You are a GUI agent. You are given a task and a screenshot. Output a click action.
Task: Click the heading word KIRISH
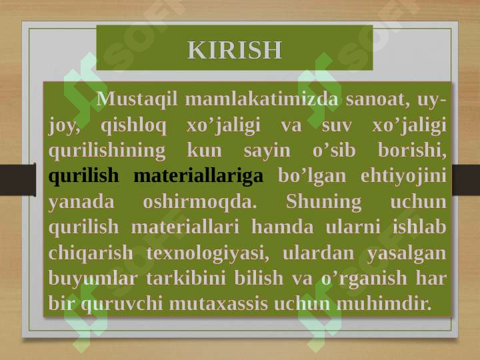pyautogui.click(x=235, y=50)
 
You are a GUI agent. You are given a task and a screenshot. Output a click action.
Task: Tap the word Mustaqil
pyautogui.click(x=137, y=100)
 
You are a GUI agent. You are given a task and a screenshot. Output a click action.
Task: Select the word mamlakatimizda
pyautogui.click(x=262, y=99)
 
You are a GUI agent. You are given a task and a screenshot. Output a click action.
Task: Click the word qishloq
pyautogui.click(x=133, y=125)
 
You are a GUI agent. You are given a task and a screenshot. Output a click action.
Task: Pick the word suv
pyautogui.click(x=337, y=126)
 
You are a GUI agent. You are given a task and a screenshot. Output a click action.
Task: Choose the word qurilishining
pyautogui.click(x=107, y=151)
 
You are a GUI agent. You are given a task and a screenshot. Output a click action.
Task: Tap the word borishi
pyautogui.click(x=412, y=150)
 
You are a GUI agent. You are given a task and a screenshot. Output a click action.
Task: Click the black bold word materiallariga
pyautogui.click(x=199, y=176)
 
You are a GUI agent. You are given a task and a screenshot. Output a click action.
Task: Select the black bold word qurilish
pyautogui.click(x=83, y=176)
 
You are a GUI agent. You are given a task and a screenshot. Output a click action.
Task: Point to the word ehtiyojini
pyautogui.click(x=403, y=177)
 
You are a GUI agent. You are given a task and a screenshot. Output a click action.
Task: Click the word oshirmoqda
pyautogui.click(x=199, y=202)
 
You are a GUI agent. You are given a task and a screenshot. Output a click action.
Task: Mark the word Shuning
pyautogui.click(x=323, y=202)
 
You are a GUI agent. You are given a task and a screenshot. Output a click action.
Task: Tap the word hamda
pyautogui.click(x=283, y=227)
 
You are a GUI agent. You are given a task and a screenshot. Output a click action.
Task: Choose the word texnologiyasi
pyautogui.click(x=208, y=253)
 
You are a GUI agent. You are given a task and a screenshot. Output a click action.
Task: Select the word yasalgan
pyautogui.click(x=407, y=253)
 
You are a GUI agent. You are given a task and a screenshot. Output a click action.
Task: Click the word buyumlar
pyautogui.click(x=93, y=279)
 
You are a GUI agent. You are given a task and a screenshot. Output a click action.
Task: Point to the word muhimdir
pyautogui.click(x=384, y=303)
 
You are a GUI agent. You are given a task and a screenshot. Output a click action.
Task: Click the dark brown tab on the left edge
pyautogui.click(x=18, y=180)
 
